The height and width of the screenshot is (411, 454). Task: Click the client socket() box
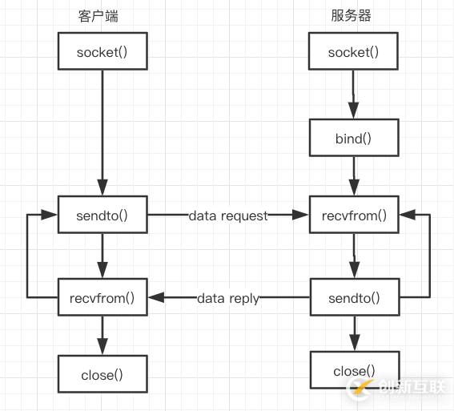(x=102, y=53)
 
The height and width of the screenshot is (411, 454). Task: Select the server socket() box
(x=353, y=53)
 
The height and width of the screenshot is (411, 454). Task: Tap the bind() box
(x=353, y=139)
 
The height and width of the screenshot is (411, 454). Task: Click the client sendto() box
(x=102, y=216)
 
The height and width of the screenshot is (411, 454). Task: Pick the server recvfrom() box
(x=353, y=216)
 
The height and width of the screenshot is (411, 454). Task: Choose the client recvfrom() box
(x=102, y=298)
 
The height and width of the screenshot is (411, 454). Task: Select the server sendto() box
(x=353, y=298)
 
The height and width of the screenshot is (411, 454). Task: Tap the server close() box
(x=353, y=372)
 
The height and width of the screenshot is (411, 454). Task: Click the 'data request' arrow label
(x=228, y=216)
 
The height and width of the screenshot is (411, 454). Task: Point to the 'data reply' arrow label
(x=228, y=298)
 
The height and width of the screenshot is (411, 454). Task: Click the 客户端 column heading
(x=102, y=16)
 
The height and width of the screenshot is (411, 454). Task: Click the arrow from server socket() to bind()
(x=353, y=95)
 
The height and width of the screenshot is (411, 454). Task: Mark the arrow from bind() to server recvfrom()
(x=353, y=177)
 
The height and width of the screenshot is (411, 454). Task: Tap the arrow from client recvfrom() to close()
(x=102, y=335)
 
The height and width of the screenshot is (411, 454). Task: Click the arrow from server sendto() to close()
(x=353, y=335)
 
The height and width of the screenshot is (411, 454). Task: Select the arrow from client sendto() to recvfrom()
(x=102, y=256)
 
